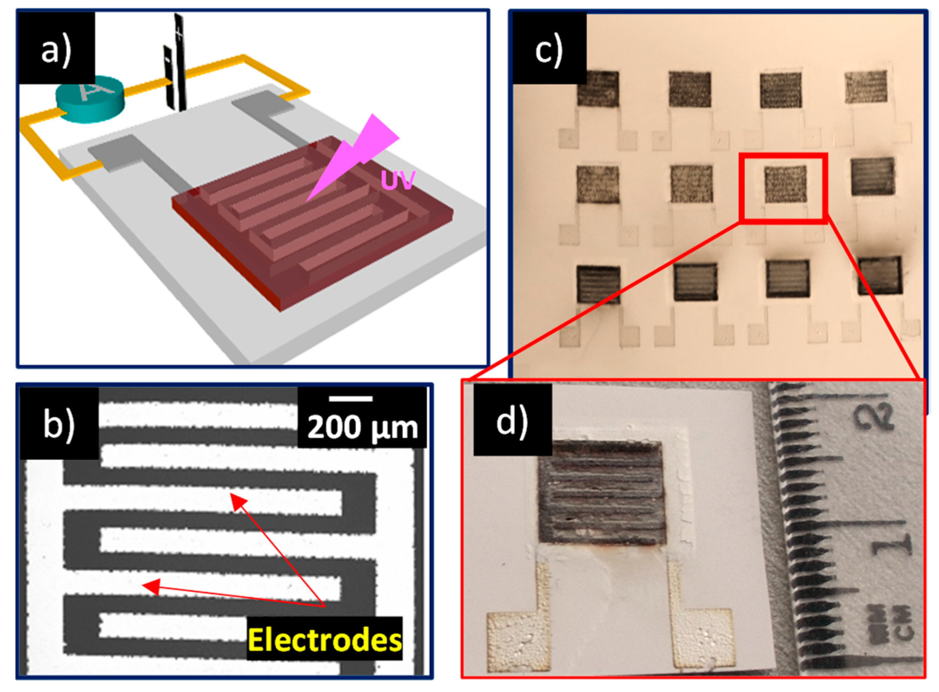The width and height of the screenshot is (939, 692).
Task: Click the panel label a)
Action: point(56,49)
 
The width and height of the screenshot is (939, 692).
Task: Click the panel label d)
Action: point(512,420)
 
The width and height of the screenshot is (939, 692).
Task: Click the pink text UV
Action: point(398,180)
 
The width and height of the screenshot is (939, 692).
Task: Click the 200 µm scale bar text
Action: point(362,427)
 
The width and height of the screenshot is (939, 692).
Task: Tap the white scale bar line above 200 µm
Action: point(350,398)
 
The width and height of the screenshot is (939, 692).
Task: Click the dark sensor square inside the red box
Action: point(785,185)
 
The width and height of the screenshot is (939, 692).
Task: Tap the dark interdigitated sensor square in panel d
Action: point(602,493)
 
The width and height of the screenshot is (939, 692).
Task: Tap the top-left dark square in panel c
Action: point(598,89)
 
